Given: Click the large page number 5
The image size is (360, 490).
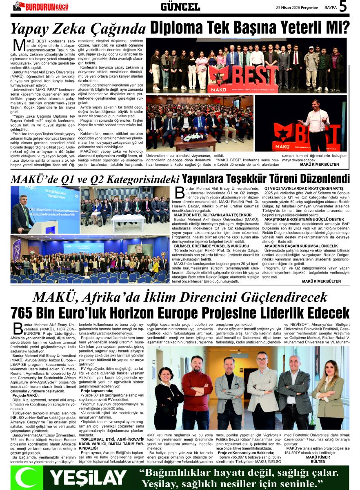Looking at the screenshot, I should [343, 7].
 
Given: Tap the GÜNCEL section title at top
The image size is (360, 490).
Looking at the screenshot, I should [180, 7].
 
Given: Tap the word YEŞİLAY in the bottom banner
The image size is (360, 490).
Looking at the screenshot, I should [88, 477].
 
